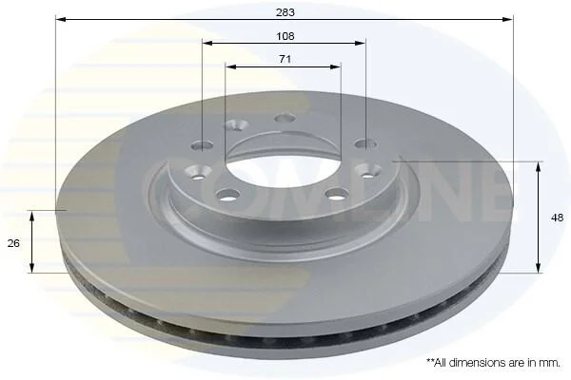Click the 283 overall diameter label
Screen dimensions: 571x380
click(285, 12)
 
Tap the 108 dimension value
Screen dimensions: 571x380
click(285, 36)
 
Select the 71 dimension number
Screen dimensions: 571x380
click(285, 59)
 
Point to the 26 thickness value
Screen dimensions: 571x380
click(13, 243)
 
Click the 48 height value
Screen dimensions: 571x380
click(557, 218)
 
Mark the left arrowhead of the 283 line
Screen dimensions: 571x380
click(61, 19)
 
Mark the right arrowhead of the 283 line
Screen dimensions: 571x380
click(507, 19)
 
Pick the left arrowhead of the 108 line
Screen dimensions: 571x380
click(207, 44)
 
